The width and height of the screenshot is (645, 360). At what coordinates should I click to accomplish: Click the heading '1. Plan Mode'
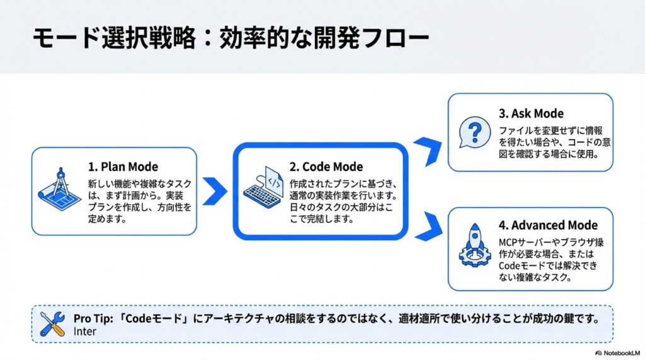123,167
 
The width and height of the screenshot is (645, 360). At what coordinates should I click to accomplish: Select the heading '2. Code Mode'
326,167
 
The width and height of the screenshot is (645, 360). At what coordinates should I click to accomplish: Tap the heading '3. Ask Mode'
531,113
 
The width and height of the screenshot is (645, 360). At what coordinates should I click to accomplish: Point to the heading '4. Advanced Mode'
548,225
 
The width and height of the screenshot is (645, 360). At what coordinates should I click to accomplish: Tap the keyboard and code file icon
263,187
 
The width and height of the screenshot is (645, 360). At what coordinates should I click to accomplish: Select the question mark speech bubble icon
475,132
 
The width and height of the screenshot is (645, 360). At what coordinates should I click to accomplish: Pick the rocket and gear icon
475,245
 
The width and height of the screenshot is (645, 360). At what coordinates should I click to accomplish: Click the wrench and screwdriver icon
53,324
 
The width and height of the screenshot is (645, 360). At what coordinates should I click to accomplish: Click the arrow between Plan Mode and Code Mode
215,191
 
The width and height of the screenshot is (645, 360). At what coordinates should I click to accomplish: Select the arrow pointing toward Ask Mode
428,151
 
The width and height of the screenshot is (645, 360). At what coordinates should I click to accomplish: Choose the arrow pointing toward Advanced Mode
428,226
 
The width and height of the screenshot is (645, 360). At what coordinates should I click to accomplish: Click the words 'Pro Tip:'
93,318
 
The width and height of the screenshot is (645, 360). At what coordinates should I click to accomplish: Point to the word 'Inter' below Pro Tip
85,332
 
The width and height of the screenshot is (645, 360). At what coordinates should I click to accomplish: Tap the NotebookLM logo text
618,353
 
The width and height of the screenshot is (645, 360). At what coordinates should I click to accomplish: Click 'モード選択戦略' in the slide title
115,38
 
